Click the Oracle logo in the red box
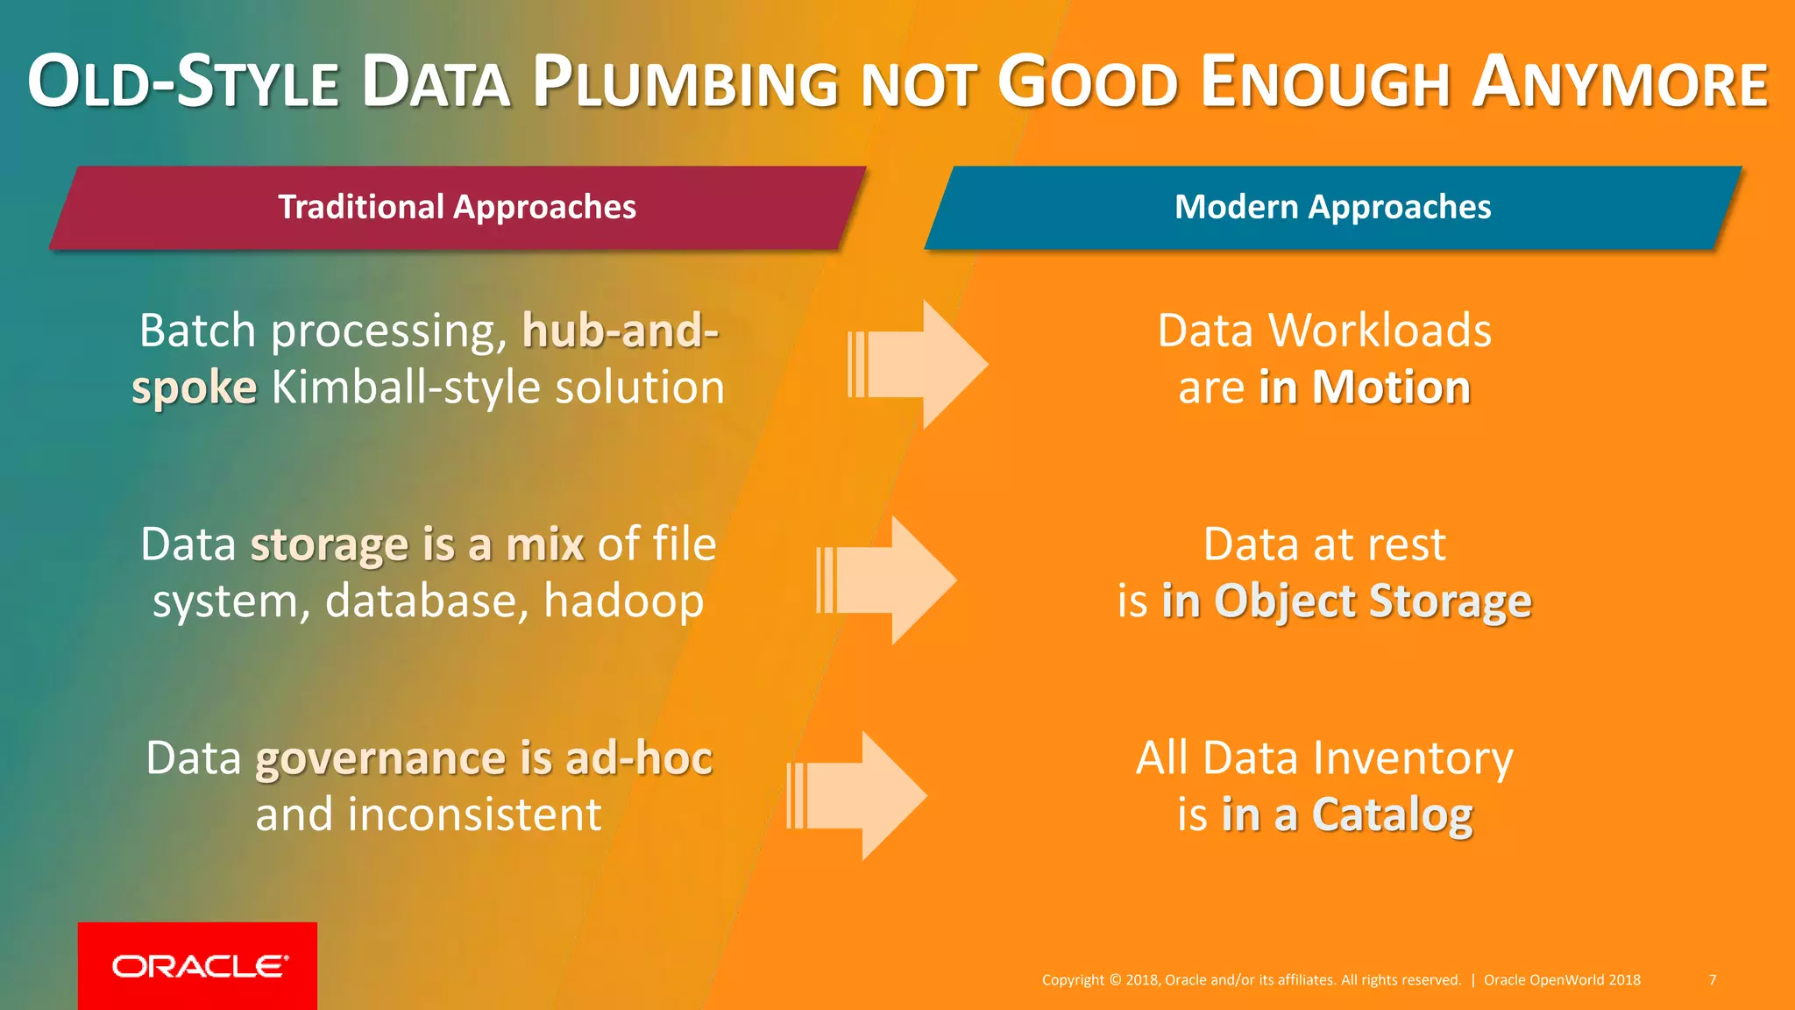199,966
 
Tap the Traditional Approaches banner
457,208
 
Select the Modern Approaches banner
1332,208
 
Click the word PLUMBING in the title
685,83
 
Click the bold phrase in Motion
1364,388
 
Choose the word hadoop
623,601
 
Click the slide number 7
1712,979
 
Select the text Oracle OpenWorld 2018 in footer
1561,979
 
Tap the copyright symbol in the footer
1115,980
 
